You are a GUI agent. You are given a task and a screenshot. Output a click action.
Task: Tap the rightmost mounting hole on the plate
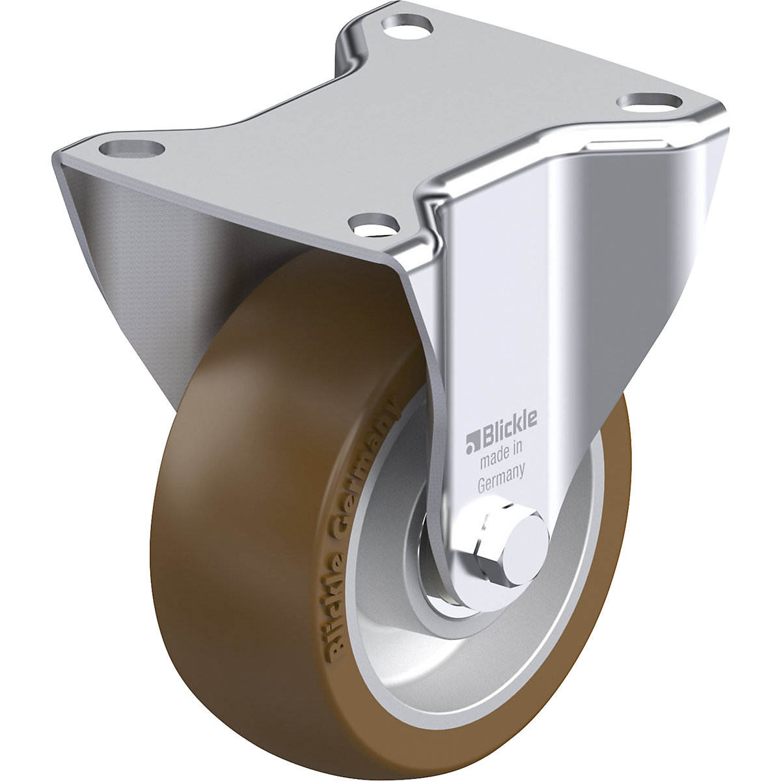[x=649, y=102]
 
